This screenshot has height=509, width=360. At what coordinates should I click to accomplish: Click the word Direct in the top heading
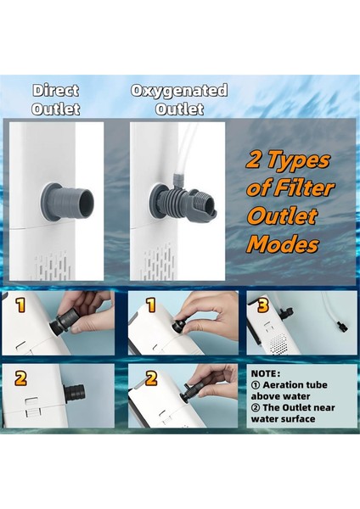pos(55,90)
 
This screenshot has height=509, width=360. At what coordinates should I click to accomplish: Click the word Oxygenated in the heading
pos(179,90)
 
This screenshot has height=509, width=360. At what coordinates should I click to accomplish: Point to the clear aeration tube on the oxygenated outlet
pos(183,149)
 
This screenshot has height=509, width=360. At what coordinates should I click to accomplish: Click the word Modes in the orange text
pos(282,244)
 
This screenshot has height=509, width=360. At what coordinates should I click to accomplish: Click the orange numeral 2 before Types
pos(254,159)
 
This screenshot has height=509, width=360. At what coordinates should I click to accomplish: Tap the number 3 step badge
pos(262,305)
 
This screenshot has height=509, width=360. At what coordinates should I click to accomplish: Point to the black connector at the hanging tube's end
pos(342,327)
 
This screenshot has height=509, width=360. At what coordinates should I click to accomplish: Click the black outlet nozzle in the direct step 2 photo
pos(74,390)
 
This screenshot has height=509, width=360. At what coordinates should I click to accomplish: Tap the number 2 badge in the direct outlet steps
pos(20,378)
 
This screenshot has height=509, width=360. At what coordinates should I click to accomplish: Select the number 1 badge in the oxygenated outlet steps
pos(151,305)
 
